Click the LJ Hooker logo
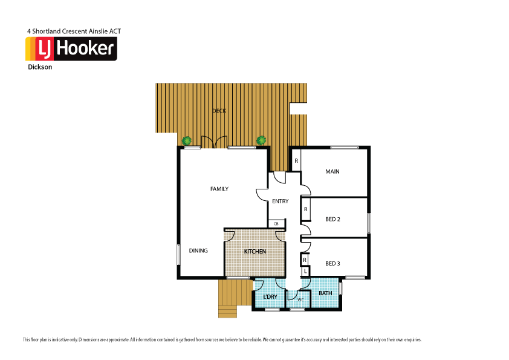[x=71, y=49]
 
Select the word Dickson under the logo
[x=40, y=68]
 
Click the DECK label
[x=219, y=111]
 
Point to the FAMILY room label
[x=219, y=189]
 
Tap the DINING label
[x=198, y=250]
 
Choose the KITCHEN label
[x=254, y=251]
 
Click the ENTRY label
[x=280, y=201]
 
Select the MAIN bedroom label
[x=332, y=172]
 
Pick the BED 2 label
[x=332, y=219]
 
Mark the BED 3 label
[x=332, y=263]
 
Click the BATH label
[x=325, y=293]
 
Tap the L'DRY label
[x=270, y=296]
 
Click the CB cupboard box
[x=276, y=224]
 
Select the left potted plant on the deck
[x=188, y=141]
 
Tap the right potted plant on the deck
[x=261, y=141]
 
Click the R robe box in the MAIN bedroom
[x=296, y=161]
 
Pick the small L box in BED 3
[x=305, y=271]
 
